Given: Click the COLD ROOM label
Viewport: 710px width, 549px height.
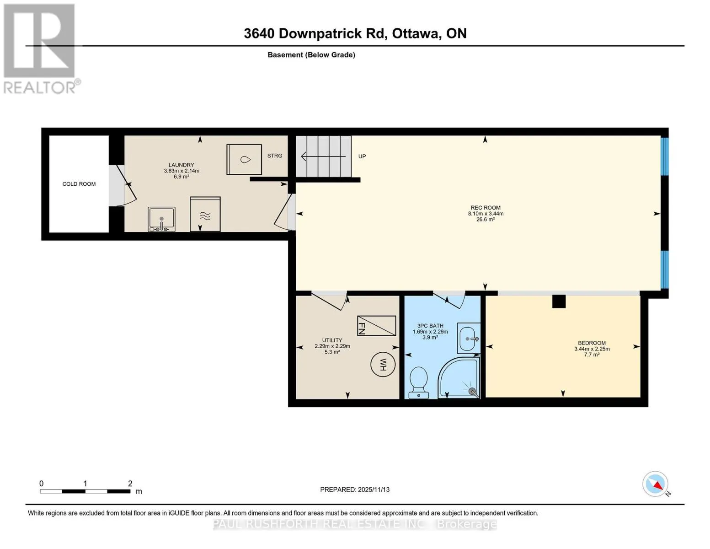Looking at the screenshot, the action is tap(79, 184).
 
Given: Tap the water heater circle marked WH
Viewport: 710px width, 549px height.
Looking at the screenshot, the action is tap(383, 364).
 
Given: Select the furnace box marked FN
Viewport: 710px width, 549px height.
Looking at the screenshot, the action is tap(376, 326).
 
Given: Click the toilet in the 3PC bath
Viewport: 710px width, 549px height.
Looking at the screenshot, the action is tap(419, 382).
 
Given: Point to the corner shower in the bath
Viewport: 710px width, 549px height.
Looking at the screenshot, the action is tap(459, 377).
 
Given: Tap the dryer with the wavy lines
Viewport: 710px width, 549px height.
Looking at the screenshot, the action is tap(205, 214).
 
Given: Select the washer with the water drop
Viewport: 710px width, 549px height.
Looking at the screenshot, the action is tap(244, 160).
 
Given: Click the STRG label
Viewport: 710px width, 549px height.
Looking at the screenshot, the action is tap(274, 156).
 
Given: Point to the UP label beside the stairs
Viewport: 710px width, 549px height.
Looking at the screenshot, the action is tap(362, 156).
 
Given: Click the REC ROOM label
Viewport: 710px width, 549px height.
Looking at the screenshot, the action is tap(486, 208).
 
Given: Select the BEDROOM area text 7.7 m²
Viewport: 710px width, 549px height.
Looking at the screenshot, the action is tap(592, 355).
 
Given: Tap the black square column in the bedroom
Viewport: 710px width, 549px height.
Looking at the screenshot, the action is tap(559, 301).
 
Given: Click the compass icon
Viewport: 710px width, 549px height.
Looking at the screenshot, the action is tap(655, 484).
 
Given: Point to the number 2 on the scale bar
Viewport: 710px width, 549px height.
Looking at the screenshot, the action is tap(130, 483).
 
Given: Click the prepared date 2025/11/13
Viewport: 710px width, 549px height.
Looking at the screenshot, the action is tap(374, 490).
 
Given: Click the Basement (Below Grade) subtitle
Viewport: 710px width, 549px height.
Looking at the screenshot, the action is tap(311, 55).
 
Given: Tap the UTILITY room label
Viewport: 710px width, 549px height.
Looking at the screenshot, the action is tap(332, 340).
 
